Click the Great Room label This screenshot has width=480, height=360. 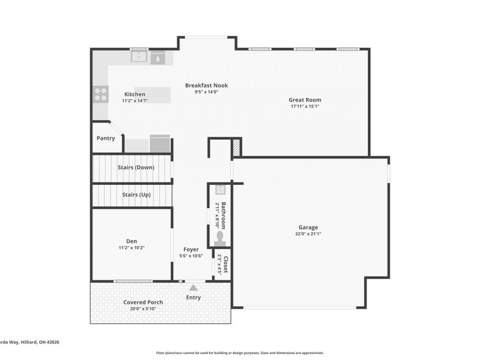click(305, 100)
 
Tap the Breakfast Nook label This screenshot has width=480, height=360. click(206, 85)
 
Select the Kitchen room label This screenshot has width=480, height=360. click(134, 94)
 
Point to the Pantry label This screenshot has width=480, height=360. click(106, 139)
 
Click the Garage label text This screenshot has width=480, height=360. click(308, 227)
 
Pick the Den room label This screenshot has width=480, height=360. click(131, 241)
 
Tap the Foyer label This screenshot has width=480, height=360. click(191, 249)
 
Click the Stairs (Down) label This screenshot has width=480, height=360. click(135, 167)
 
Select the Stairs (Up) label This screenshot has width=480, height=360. click(136, 195)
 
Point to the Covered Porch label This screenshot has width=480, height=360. click(143, 302)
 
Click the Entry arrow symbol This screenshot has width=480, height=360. click(193, 288)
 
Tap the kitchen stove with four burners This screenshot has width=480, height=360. click(101, 94)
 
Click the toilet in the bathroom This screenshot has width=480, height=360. click(220, 239)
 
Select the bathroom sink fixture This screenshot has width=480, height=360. click(220, 190)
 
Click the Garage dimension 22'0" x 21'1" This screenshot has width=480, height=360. click(308, 234)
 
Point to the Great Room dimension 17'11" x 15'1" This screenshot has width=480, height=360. click(305, 107)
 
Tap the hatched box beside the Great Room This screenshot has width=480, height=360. click(236, 148)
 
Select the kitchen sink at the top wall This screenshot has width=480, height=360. click(140, 57)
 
